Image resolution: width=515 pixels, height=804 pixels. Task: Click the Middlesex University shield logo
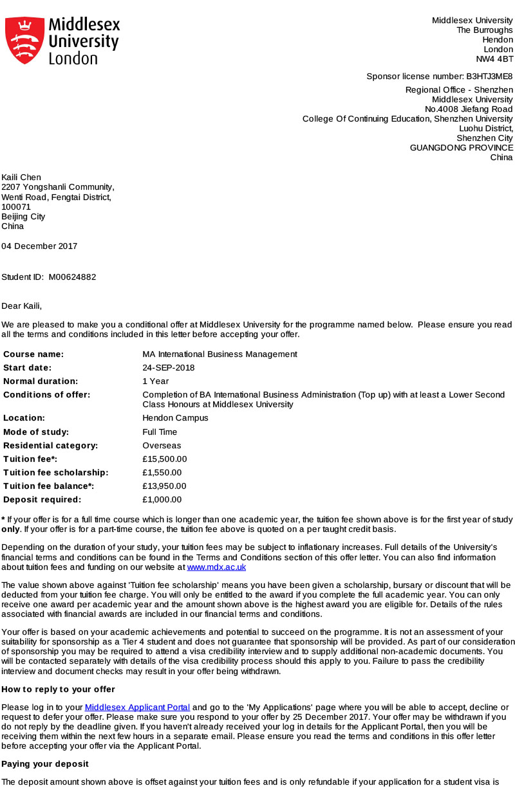25,41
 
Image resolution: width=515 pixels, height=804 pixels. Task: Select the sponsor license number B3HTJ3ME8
490,77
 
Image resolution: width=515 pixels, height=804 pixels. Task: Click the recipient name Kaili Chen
21,178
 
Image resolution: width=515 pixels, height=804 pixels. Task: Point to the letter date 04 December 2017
39,246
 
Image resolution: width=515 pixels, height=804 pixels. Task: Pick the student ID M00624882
72,277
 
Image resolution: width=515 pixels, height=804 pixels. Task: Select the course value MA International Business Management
220,354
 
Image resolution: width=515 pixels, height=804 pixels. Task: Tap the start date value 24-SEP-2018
169,368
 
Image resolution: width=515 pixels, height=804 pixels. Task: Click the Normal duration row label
41,381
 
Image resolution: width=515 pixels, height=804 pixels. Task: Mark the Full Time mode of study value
160,432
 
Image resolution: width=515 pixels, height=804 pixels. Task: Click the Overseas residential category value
162,446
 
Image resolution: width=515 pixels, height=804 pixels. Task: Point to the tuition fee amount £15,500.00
164,459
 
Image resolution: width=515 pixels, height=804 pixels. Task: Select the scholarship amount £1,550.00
162,473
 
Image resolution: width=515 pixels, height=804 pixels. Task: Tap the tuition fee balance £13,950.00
164,486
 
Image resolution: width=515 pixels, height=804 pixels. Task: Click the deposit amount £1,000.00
162,500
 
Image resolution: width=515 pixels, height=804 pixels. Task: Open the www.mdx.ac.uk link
216,567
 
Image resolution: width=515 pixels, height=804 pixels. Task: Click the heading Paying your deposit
45,764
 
